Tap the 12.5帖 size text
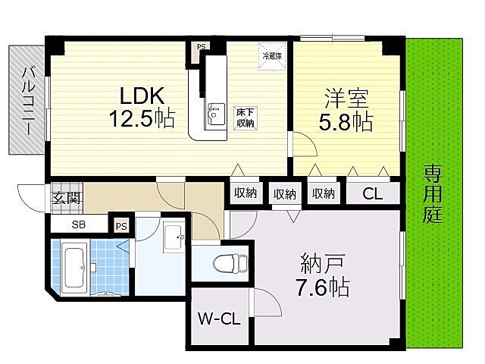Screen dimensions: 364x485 point(142,119)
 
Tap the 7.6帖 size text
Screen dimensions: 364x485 point(323,289)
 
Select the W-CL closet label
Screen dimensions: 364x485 point(219,319)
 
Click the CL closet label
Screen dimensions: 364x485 point(371,193)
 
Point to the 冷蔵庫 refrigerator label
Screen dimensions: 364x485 point(272,55)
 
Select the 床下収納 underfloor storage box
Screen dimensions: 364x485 point(244,118)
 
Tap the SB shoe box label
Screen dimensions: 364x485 point(79,225)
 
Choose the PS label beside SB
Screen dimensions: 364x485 point(120,225)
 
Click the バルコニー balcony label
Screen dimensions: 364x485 point(27,99)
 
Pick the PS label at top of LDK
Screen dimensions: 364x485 point(201,46)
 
